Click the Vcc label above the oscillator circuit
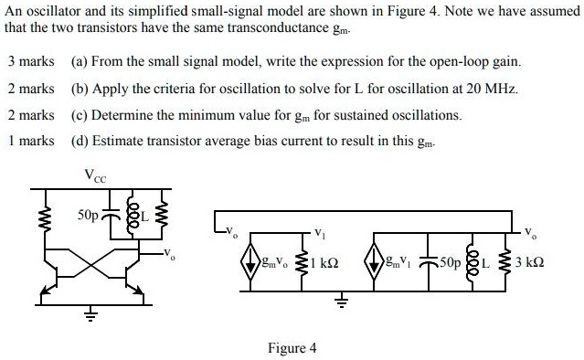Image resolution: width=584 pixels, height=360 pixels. tap(94, 175)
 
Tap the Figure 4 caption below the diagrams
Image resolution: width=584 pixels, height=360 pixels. tap(292, 348)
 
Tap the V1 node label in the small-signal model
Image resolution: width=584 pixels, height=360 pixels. tap(318, 231)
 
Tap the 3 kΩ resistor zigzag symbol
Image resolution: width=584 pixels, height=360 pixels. tap(509, 264)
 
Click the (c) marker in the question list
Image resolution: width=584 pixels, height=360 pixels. tap(78, 115)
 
